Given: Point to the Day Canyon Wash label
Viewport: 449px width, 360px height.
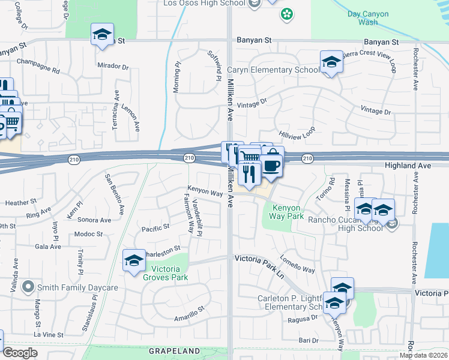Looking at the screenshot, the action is pos(363,17).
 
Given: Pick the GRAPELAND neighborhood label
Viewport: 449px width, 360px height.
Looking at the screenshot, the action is pos(173,350).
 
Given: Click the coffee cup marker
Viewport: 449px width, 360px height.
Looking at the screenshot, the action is pos(271,166).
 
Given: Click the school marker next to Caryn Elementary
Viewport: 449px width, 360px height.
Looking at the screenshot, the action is pos(331,62).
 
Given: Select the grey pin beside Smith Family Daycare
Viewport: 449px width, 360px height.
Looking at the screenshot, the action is pos(27,287).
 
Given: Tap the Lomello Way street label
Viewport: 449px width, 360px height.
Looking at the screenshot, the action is pos(297,266).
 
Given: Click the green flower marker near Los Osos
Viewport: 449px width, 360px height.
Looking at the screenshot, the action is pos(287,13).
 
